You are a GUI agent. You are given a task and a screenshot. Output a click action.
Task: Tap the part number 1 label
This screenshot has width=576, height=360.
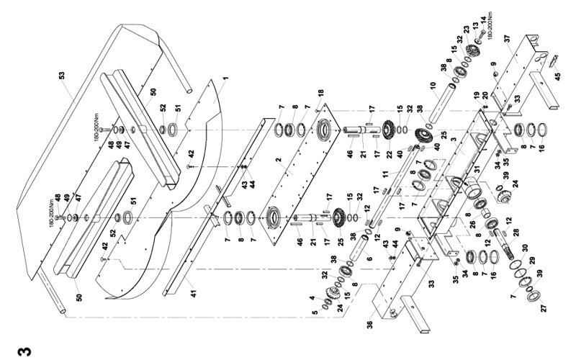click(225, 77)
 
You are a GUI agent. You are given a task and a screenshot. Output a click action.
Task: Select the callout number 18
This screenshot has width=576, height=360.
click(320, 93)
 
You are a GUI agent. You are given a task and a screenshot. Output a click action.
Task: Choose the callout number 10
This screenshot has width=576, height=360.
click(434, 85)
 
